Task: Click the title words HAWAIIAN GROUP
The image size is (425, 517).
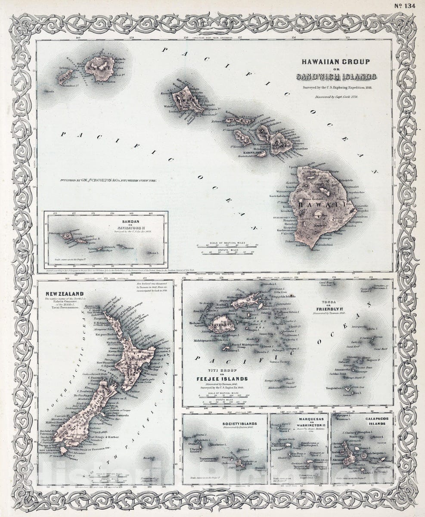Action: pyautogui.click(x=335, y=62)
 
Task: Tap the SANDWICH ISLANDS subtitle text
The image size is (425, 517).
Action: pyautogui.click(x=336, y=77)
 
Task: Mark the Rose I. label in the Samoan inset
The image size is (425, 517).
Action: pyautogui.click(x=153, y=253)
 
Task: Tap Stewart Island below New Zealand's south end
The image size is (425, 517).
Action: pyautogui.click(x=63, y=451)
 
